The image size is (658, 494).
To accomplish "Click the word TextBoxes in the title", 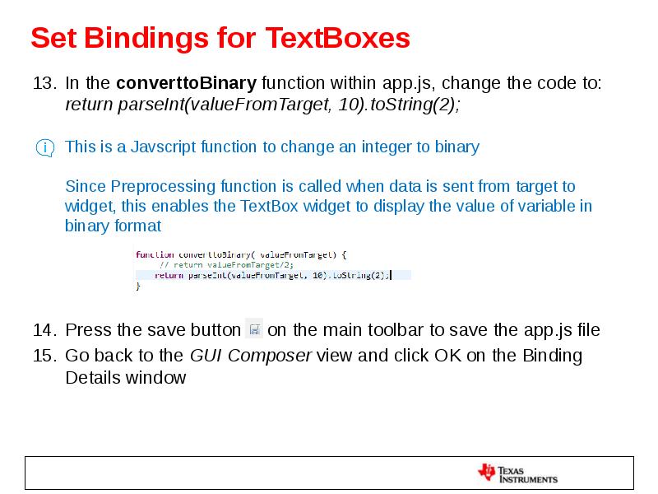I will pyautogui.click(x=337, y=38).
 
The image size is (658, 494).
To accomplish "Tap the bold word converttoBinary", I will pyautogui.click(x=187, y=83).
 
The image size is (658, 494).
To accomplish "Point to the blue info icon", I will pyautogui.click(x=44, y=148).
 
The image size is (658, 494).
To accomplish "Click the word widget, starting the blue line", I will pyautogui.click(x=90, y=206).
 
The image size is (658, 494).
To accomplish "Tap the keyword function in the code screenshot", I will pyautogui.click(x=154, y=254).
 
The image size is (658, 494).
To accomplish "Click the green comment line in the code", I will pyautogui.click(x=227, y=264).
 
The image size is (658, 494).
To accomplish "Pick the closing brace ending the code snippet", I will pyautogui.click(x=138, y=287).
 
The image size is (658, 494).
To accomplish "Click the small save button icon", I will pyautogui.click(x=254, y=329).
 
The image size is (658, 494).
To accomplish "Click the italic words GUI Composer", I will pyautogui.click(x=250, y=356).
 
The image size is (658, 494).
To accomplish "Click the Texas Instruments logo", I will pyautogui.click(x=517, y=473).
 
